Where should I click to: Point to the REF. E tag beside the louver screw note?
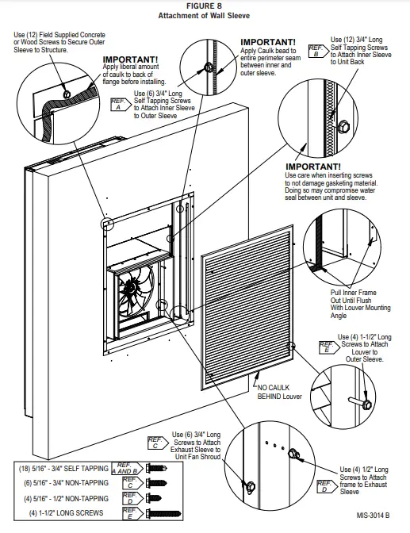pyautogui.click(x=327, y=347)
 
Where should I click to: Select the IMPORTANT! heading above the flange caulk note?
pyautogui.click(x=130, y=59)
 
